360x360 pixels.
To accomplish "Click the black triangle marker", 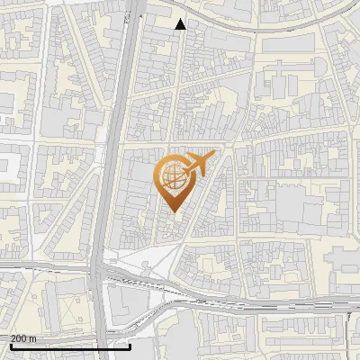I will pyautogui.click(x=181, y=24).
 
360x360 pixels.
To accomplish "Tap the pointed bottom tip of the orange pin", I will pyautogui.click(x=170, y=213).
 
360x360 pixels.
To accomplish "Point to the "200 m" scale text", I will pyautogui.click(x=23, y=337).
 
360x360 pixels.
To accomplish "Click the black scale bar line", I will pyautogui.click(x=70, y=346).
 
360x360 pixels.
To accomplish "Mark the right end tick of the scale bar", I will pyautogui.click(x=130, y=345).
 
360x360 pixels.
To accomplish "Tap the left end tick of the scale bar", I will pyautogui.click(x=11, y=345).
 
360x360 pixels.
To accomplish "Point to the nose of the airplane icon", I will pyautogui.click(x=212, y=158).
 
